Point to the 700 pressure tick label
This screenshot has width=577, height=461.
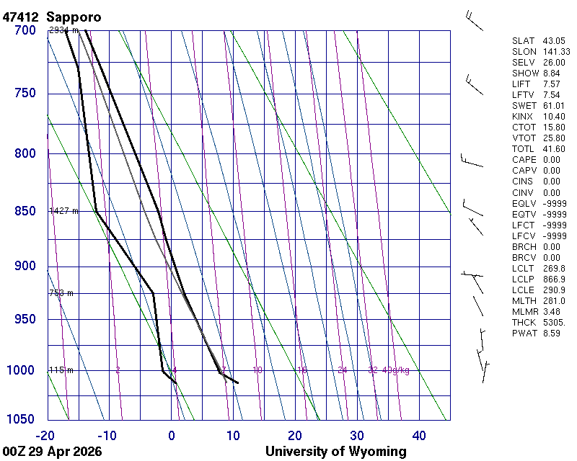coord(24,30)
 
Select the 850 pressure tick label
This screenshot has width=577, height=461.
coord(24,211)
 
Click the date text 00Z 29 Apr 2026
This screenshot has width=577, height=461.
coord(52,452)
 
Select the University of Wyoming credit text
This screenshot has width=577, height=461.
coord(335,452)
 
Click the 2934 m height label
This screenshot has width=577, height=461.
coord(63,30)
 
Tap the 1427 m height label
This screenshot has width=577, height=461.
coord(63,211)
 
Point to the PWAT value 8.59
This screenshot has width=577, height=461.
coord(552,333)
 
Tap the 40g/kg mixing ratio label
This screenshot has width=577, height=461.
coord(396,370)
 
